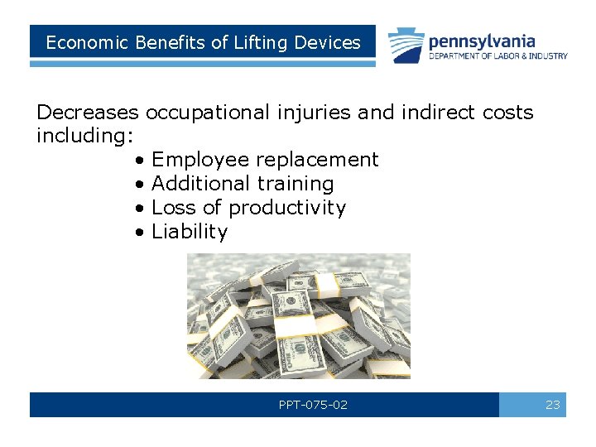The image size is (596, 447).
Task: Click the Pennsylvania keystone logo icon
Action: (x=406, y=45)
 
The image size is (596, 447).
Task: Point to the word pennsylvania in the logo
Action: (x=482, y=41)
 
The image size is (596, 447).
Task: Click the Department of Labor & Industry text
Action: (x=497, y=56)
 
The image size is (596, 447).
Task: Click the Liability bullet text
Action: (x=190, y=232)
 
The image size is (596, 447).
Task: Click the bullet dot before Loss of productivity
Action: (x=142, y=208)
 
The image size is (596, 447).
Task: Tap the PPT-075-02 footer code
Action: (x=313, y=405)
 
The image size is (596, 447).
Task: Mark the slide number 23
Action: (x=553, y=405)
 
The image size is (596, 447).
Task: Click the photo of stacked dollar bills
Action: (x=298, y=315)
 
